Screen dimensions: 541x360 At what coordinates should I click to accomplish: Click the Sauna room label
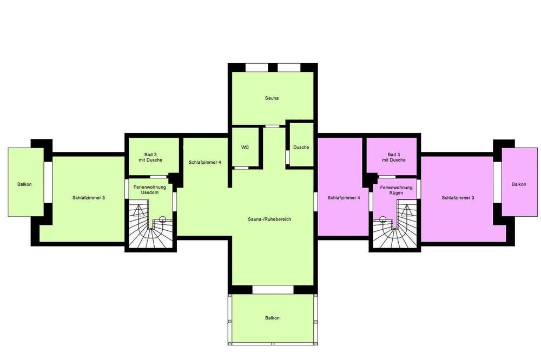272,98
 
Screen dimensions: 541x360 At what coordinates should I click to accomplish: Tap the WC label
245,147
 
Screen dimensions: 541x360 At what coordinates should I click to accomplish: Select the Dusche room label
301,147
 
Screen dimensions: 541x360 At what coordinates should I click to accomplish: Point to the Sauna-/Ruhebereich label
269,219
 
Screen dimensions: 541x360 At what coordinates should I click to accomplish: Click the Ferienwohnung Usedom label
150,190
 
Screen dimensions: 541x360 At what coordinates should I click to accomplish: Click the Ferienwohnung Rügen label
396,190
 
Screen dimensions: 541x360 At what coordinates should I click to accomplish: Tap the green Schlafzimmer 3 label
89,198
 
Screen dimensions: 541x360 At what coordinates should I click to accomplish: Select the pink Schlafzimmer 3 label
458,198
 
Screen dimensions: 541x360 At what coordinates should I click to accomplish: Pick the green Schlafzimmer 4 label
205,162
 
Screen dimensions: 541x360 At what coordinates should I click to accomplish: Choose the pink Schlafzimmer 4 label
344,198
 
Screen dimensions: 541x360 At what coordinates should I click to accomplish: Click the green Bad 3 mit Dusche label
150,157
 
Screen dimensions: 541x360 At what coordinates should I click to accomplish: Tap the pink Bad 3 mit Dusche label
394,157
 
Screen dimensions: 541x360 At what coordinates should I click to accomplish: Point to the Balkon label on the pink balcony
519,184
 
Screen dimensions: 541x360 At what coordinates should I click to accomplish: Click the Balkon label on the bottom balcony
272,318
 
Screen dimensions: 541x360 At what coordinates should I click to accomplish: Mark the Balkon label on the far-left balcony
24,184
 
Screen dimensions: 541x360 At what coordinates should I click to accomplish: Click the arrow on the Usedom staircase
138,211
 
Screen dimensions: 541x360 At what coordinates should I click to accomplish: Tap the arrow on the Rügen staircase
406,211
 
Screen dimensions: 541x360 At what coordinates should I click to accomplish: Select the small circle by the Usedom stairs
162,218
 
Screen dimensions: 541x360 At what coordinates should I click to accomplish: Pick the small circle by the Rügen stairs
382,218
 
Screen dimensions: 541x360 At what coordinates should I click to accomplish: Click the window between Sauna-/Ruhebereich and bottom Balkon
273,290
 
